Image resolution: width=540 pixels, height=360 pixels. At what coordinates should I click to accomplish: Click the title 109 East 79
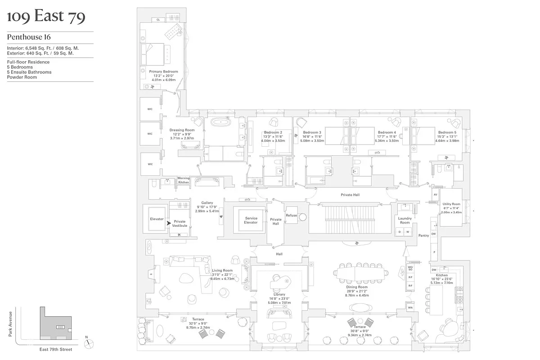pyautogui.click(x=46, y=17)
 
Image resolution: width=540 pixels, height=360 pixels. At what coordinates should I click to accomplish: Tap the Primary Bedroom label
pyautogui.click(x=163, y=72)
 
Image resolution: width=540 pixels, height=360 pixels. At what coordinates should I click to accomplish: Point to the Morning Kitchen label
pyautogui.click(x=184, y=180)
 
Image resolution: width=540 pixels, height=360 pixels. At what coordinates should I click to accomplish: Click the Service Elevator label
pyautogui.click(x=251, y=220)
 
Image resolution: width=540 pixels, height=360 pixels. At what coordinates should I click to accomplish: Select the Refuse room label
pyautogui.click(x=291, y=216)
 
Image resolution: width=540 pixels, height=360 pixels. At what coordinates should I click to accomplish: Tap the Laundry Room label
pyautogui.click(x=405, y=220)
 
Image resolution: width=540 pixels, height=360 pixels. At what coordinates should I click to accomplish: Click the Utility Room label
pyautogui.click(x=451, y=204)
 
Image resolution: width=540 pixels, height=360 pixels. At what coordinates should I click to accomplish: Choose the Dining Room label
pyautogui.click(x=357, y=287)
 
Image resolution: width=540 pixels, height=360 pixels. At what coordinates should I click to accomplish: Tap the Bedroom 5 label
pyautogui.click(x=446, y=132)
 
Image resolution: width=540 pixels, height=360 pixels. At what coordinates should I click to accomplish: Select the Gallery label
pyautogui.click(x=207, y=203)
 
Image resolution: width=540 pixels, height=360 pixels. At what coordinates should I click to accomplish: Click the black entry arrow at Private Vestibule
pyautogui.click(x=169, y=222)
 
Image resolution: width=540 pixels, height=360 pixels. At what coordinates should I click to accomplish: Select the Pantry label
pyautogui.click(x=423, y=235)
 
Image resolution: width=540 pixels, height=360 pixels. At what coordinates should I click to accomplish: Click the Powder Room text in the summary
pyautogui.click(x=22, y=77)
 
